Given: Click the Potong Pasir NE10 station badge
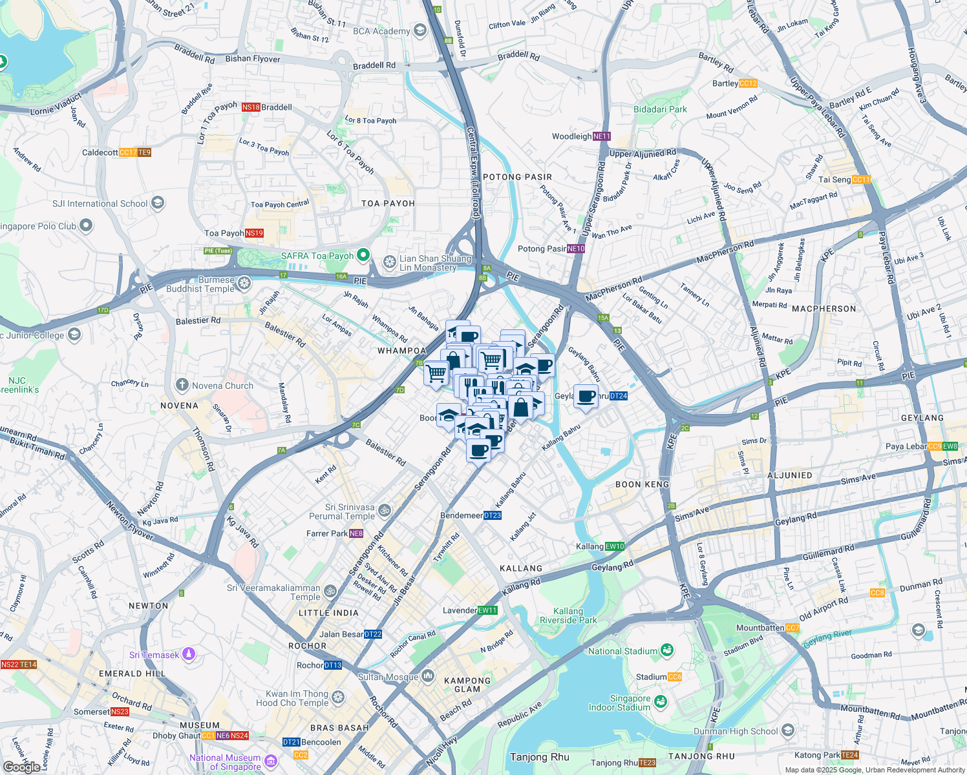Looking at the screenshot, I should pyautogui.click(x=576, y=249).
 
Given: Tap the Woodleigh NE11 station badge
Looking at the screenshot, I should pyautogui.click(x=601, y=136).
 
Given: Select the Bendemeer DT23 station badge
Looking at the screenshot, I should pyautogui.click(x=493, y=515).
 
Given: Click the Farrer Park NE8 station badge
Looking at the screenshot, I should pyautogui.click(x=356, y=533).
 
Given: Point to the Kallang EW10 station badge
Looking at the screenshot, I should pyautogui.click(x=615, y=546).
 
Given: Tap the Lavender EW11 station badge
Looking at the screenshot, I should pyautogui.click(x=487, y=610).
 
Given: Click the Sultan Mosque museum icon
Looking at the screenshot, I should pyautogui.click(x=428, y=676).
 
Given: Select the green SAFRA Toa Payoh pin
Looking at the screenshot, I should pyautogui.click(x=363, y=255).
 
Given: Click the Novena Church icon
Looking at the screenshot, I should pyautogui.click(x=182, y=386).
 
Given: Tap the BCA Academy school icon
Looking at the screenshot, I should pyautogui.click(x=420, y=30).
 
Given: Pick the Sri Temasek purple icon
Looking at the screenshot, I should pyautogui.click(x=189, y=654).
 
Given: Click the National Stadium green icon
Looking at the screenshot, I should pyautogui.click(x=667, y=650).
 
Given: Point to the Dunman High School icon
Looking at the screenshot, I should pyautogui.click(x=788, y=730).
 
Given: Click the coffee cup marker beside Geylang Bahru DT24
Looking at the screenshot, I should pyautogui.click(x=586, y=397).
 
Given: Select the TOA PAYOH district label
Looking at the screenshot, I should pyautogui.click(x=388, y=203).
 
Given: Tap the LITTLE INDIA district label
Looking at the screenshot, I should pyautogui.click(x=328, y=613).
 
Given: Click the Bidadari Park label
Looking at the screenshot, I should pyautogui.click(x=660, y=109).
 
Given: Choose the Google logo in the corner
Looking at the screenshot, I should pyautogui.click(x=21, y=767).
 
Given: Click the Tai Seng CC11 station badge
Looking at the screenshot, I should pyautogui.click(x=861, y=180).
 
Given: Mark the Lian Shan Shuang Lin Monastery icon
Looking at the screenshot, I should pyautogui.click(x=389, y=262).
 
